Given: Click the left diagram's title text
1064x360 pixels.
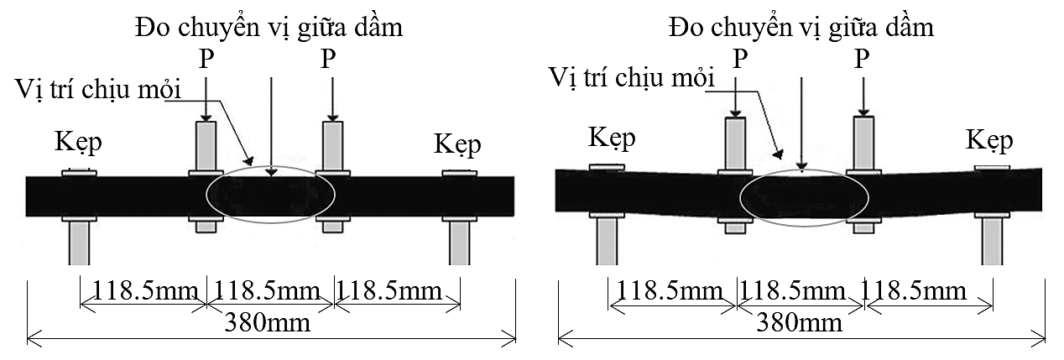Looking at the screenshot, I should tap(269, 28).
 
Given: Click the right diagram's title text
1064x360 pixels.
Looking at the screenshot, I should tap(801, 28).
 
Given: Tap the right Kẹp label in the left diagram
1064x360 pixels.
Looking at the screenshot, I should tap(457, 144).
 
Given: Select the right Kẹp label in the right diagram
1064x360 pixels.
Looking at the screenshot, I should tap(988, 139).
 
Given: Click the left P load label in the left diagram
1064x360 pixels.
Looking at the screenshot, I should tap(206, 59).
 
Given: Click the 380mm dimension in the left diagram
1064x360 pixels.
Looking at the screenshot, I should tap(269, 322).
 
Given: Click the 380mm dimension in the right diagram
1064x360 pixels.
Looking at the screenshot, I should tap(801, 322).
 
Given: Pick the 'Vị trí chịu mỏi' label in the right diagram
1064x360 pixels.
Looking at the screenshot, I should tap(630, 77).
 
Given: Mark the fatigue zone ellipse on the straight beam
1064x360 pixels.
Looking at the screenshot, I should tap(270, 195).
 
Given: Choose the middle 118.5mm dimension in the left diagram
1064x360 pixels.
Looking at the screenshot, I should tap(269, 291).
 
